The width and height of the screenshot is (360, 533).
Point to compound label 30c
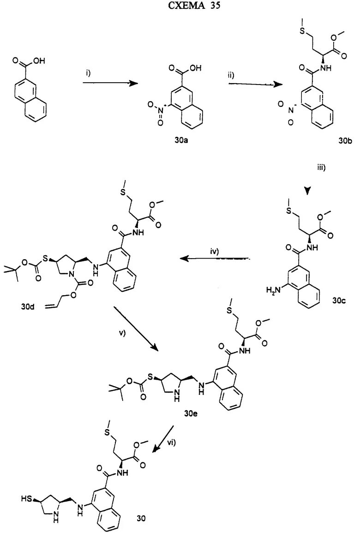pos(340,300)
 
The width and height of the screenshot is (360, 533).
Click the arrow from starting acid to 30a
pos(111,84)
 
